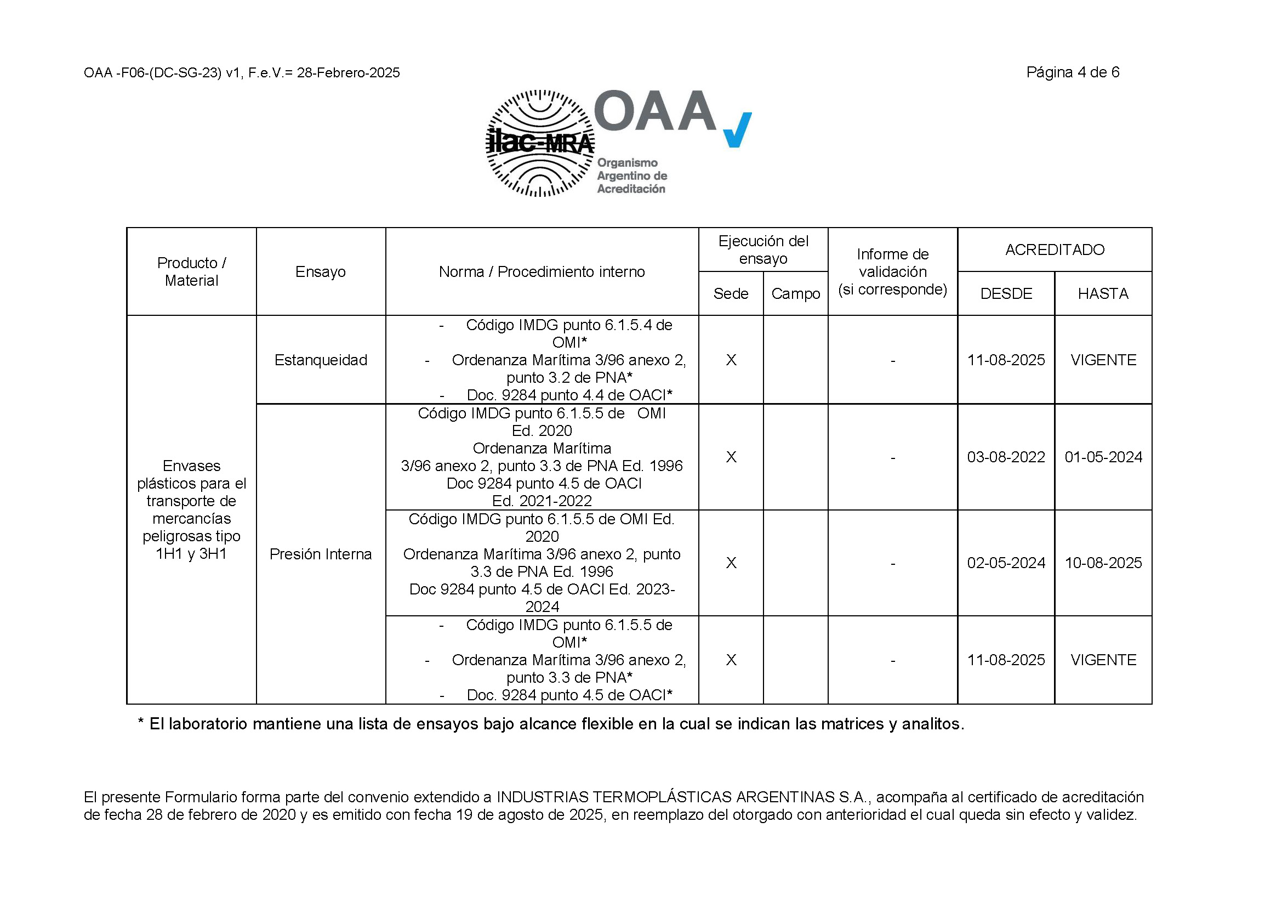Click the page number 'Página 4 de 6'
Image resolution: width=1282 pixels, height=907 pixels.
1072,72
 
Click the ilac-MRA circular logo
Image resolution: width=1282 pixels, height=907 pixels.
539,144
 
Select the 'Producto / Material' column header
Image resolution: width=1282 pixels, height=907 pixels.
191,271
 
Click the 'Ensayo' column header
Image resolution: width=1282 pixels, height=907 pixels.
321,272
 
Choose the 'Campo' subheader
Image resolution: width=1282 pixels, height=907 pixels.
795,294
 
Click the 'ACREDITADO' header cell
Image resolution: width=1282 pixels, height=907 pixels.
1054,250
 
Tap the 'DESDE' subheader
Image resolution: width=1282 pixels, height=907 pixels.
1006,294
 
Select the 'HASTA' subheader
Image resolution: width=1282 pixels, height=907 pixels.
1103,294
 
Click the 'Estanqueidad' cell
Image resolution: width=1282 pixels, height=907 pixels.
321,360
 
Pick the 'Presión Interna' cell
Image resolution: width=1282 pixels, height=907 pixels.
321,554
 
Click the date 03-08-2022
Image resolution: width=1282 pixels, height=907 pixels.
1006,457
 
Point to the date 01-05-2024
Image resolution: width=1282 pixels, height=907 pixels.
1103,457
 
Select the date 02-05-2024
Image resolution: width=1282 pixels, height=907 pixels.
1006,563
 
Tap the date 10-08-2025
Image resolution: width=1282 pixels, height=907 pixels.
1103,563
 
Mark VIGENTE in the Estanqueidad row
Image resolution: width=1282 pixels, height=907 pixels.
1103,360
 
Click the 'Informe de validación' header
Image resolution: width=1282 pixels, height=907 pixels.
892,272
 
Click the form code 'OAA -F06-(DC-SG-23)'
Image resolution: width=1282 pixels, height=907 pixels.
152,73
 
